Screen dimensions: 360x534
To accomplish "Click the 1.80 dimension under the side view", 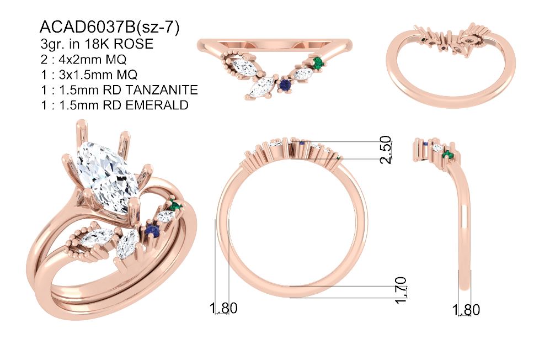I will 466,310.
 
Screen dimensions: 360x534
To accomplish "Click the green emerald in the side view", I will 448,155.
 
